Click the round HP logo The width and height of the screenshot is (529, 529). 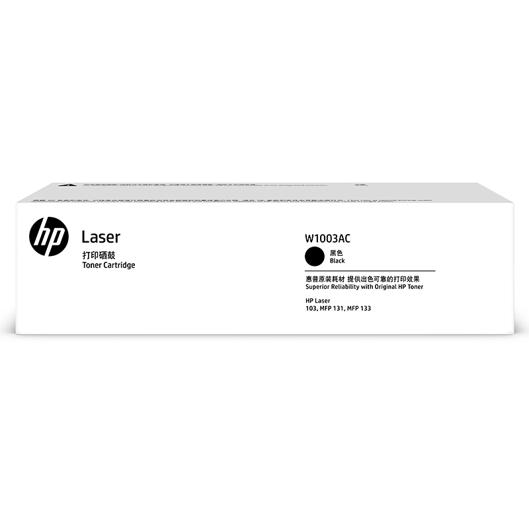(x=49, y=237)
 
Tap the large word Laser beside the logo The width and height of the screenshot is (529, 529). (x=100, y=237)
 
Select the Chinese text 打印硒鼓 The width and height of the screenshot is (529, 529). (x=97, y=255)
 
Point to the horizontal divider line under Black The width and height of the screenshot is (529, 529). (x=370, y=270)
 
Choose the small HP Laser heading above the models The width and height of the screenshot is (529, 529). (x=317, y=301)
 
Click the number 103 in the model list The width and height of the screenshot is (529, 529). (x=311, y=309)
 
